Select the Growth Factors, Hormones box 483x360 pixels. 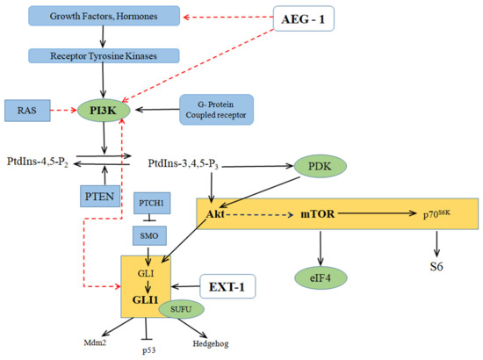point(105,15)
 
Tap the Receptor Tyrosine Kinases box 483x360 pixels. point(105,55)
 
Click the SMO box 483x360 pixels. point(151,234)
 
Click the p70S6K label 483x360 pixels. point(432,212)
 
